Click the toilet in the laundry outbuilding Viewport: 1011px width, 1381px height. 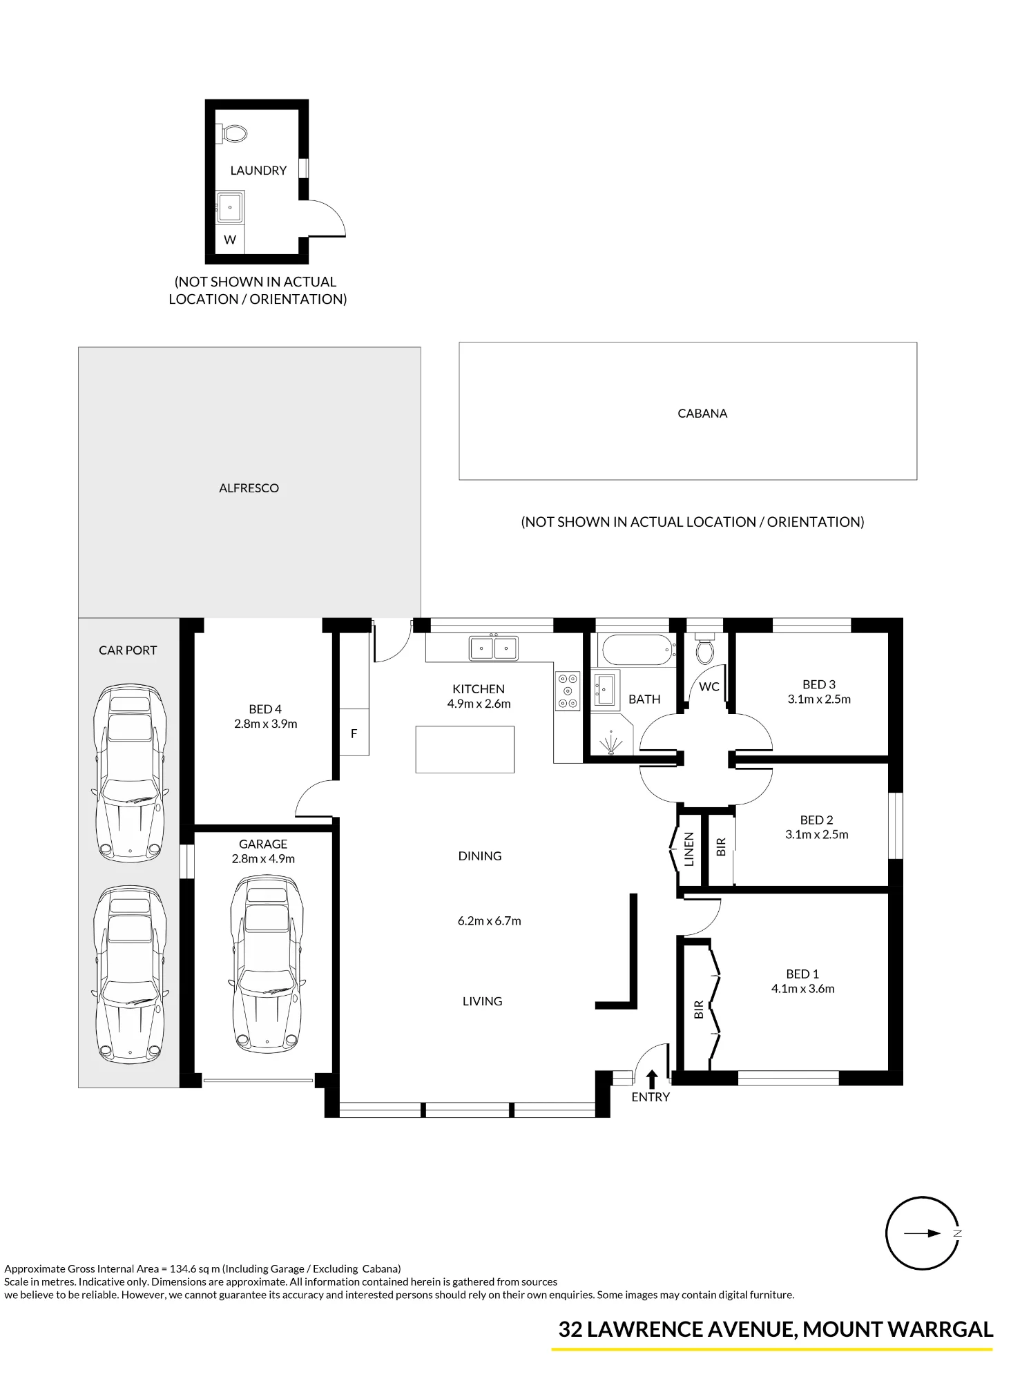pyautogui.click(x=233, y=133)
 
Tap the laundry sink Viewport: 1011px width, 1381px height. pyautogui.click(x=229, y=206)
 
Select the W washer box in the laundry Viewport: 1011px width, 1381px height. pyautogui.click(x=230, y=240)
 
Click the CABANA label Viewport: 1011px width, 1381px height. pyautogui.click(x=702, y=414)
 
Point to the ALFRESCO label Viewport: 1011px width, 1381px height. pyautogui.click(x=249, y=488)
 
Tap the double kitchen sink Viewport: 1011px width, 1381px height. pyautogui.click(x=494, y=648)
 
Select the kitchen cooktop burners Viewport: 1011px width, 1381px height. pyautogui.click(x=568, y=690)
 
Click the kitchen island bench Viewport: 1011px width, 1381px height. pyautogui.click(x=465, y=749)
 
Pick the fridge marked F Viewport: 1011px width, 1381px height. pyautogui.click(x=354, y=733)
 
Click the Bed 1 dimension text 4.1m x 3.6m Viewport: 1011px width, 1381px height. pyautogui.click(x=802, y=989)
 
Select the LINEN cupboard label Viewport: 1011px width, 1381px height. pyautogui.click(x=689, y=850)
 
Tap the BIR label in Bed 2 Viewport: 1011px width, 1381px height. pyautogui.click(x=721, y=847)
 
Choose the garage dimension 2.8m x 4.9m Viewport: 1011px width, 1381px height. pyautogui.click(x=263, y=859)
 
